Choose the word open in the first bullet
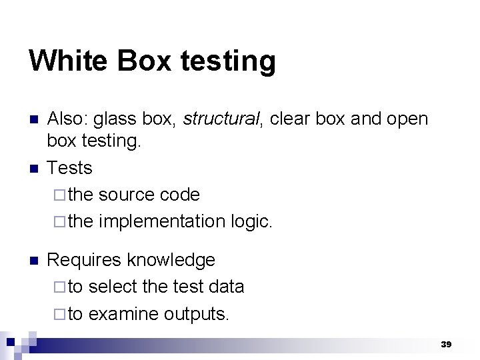tap(407, 119)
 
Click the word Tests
tap(69, 168)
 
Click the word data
tap(227, 287)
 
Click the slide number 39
tap(445, 345)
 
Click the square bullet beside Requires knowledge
tap(34, 260)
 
